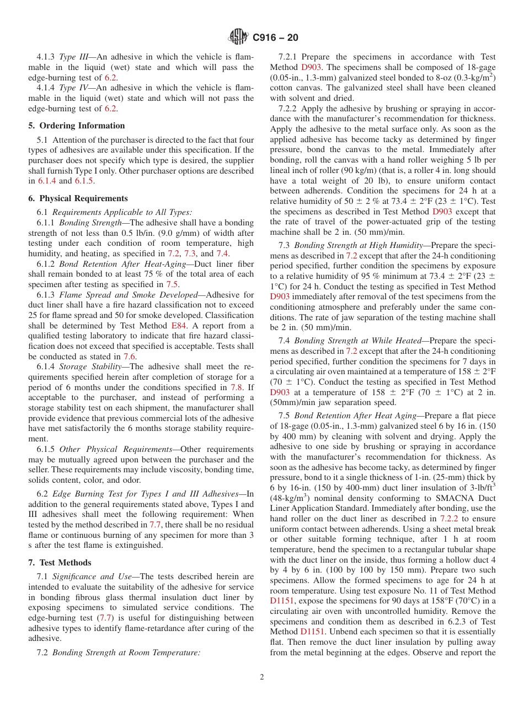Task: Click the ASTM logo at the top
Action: pyautogui.click(x=238, y=37)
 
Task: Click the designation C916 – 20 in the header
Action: pyautogui.click(x=275, y=37)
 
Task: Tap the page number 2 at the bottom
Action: pyautogui.click(x=262, y=677)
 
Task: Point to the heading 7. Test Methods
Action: pyautogui.click(x=60, y=563)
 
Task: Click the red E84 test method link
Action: pyautogui.click(x=179, y=325)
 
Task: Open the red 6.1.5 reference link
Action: pyautogui.click(x=84, y=181)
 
